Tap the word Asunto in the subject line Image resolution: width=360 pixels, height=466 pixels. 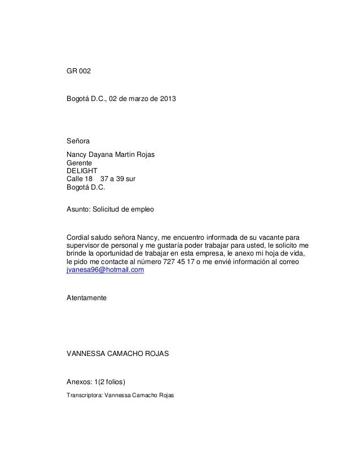click(x=79, y=209)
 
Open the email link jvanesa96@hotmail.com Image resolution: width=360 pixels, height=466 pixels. click(x=106, y=271)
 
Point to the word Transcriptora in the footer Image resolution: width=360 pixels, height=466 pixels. click(x=84, y=395)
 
